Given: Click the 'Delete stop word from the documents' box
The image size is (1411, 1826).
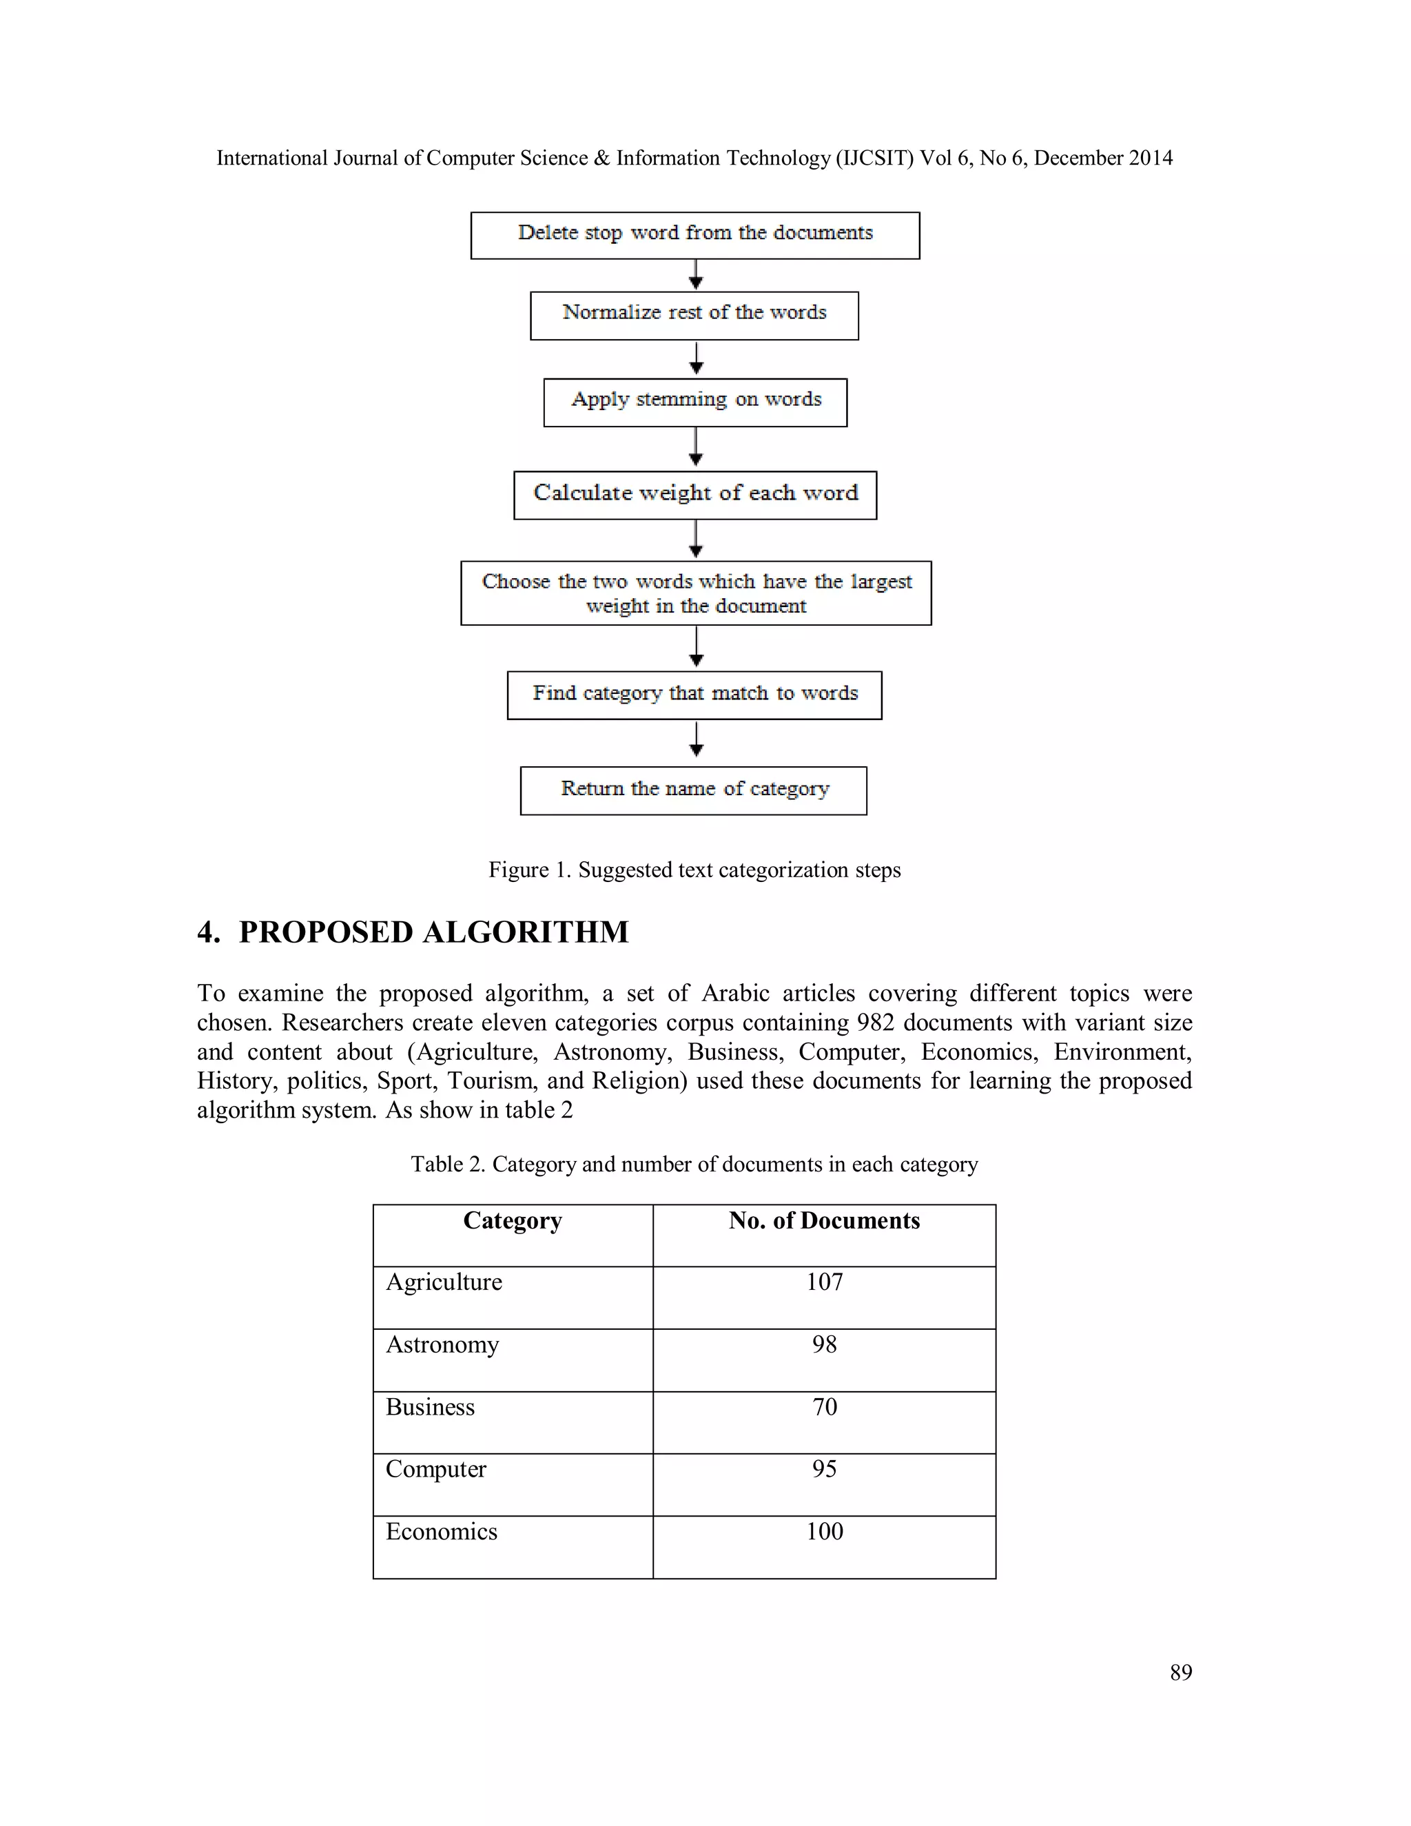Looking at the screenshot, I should click(x=694, y=234).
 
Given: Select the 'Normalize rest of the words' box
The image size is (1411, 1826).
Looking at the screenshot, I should click(x=694, y=314).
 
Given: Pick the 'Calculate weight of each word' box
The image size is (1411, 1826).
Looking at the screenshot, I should click(x=694, y=494).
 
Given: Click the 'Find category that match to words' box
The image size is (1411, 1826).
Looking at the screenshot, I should click(x=694, y=694).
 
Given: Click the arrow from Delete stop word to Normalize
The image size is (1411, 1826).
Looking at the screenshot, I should click(x=695, y=275).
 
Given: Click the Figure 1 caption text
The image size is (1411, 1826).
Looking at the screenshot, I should click(x=694, y=870).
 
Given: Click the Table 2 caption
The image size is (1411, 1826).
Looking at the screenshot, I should click(x=694, y=1164).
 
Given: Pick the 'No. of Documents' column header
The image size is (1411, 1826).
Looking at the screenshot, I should click(x=823, y=1221).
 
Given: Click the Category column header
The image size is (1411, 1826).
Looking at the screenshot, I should click(x=513, y=1221).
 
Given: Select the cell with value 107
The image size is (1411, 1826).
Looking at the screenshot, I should click(x=824, y=1282).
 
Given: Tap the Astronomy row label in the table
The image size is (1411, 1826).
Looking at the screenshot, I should click(x=442, y=1344).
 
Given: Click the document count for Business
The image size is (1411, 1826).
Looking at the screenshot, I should click(x=824, y=1407).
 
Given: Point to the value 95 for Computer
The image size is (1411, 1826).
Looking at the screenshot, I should click(x=824, y=1469).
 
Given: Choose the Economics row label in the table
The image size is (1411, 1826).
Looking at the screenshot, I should click(x=442, y=1532).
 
